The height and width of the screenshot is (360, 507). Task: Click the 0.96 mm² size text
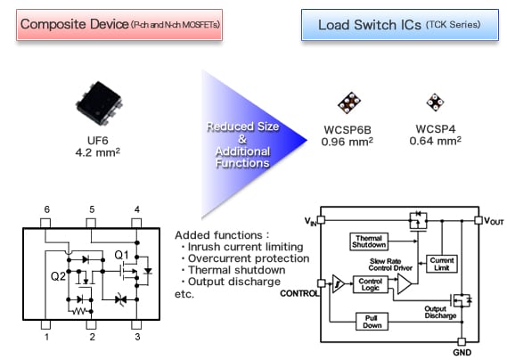[347, 141]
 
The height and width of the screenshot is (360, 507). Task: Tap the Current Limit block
[442, 265]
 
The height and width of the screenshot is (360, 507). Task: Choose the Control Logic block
[369, 284]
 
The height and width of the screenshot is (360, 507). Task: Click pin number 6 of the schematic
[47, 209]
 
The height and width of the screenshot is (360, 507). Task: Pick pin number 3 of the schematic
[135, 336]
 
